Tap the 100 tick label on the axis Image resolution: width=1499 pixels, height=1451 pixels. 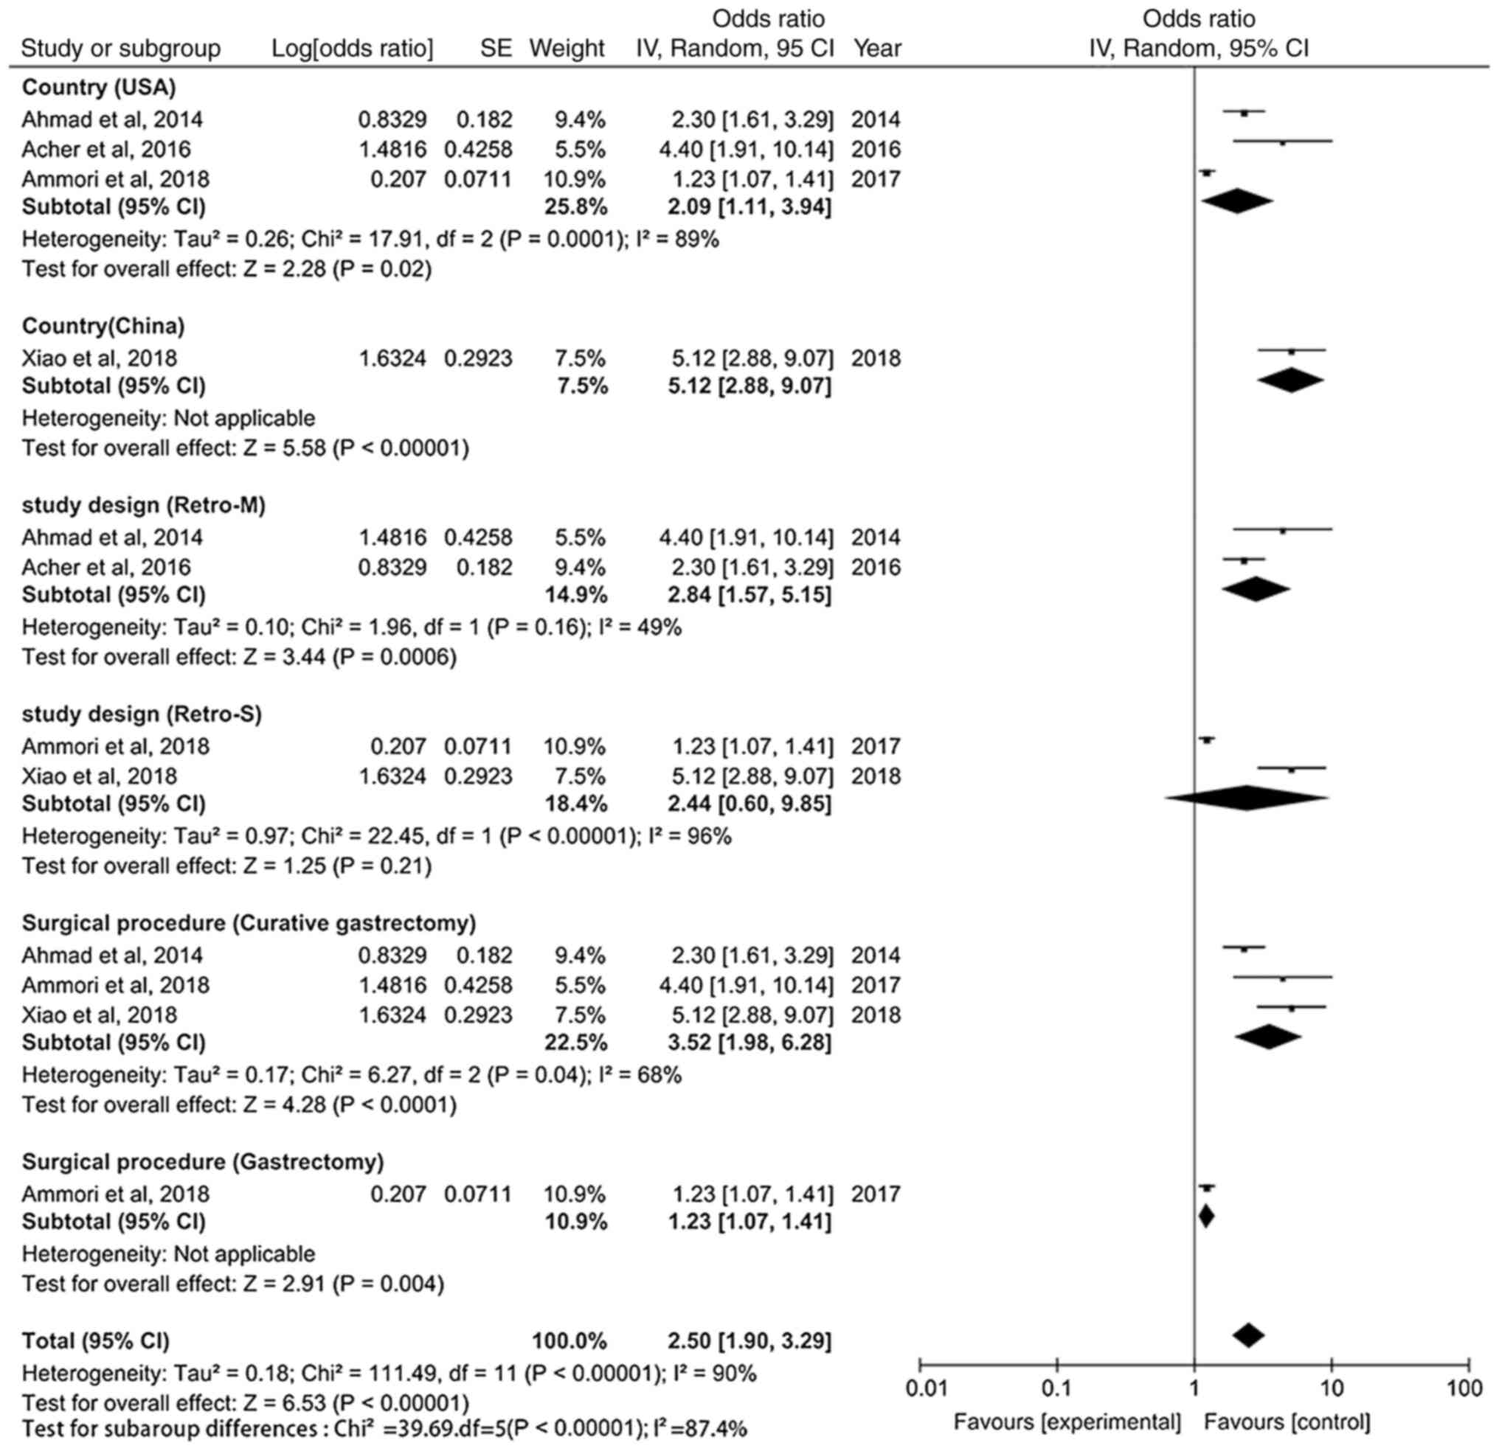pos(1464,1388)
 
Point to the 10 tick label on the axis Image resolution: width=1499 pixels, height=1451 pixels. pos(1332,1388)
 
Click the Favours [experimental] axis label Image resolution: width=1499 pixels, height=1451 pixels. pos(1067,1422)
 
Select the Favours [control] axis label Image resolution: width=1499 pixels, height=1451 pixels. pos(1287,1422)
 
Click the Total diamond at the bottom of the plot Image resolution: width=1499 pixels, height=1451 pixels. pos(1248,1335)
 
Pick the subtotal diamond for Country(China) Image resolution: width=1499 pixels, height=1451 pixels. pos(1291,380)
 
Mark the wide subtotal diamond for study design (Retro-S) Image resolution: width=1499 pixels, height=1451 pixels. pos(1247,798)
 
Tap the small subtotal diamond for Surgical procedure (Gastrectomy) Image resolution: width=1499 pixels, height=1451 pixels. pos(1206,1217)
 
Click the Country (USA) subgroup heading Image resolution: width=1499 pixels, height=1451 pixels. pos(99,87)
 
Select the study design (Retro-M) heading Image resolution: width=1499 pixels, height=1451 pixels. pos(144,505)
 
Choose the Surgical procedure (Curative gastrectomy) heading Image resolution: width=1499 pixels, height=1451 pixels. pos(249,924)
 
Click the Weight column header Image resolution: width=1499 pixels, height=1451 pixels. pos(567,48)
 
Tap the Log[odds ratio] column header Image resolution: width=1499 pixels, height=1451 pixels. pos(352,48)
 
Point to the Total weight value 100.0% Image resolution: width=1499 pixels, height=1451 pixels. pos(570,1342)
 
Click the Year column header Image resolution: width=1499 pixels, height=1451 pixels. pos(877,48)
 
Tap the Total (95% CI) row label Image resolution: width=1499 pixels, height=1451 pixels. pos(96,1342)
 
